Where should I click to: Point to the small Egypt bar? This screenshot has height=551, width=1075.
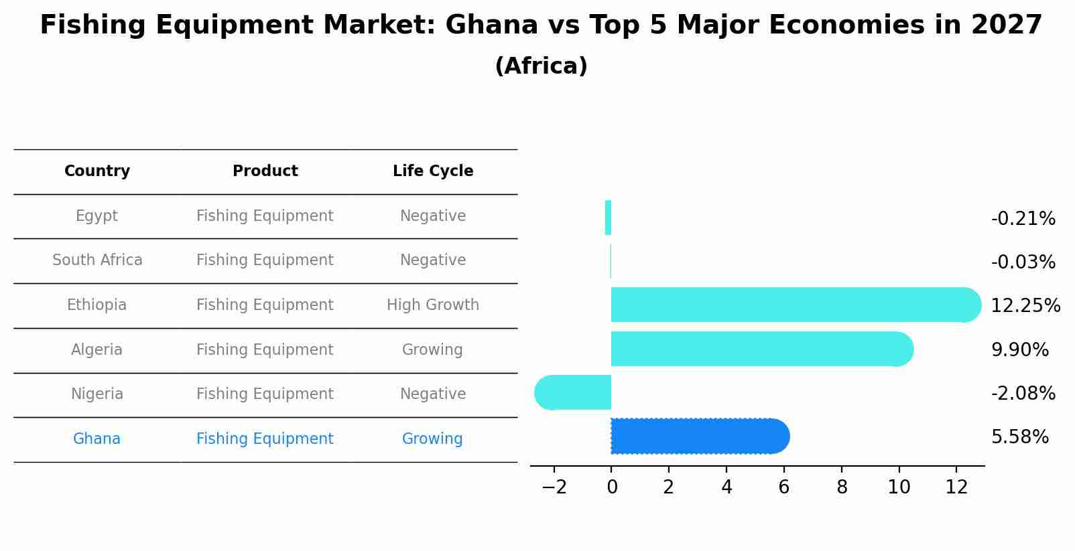pos(608,218)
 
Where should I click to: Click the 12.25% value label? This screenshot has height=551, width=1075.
pos(1025,306)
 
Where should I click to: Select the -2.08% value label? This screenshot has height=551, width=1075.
pos(1023,394)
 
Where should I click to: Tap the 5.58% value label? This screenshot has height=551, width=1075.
pos(1019,437)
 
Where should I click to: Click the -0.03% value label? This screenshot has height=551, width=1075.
pos(1023,262)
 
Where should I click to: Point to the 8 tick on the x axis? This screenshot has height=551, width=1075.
pos(842,487)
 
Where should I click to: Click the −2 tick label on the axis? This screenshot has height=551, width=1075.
pos(554,487)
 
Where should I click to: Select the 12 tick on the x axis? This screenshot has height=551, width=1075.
pos(956,487)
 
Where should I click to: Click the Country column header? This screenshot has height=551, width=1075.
pos(97,171)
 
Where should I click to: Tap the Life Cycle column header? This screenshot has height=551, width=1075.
pos(433,171)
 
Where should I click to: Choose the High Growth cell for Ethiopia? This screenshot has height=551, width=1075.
pos(433,305)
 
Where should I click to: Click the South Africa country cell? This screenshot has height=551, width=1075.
pos(97,260)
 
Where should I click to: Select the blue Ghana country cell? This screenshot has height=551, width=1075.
pos(97,439)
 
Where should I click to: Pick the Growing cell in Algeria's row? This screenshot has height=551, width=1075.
pos(432,350)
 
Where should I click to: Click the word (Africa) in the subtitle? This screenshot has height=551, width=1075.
pos(541,66)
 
